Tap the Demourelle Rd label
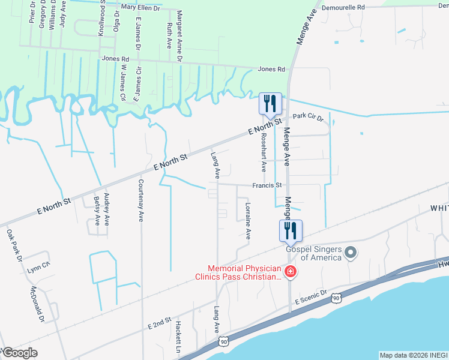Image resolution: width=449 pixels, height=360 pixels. [345, 7]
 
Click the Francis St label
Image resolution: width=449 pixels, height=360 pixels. [267, 186]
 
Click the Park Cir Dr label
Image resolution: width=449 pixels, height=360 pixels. [308, 118]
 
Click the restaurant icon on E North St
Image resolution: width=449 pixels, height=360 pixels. [270, 103]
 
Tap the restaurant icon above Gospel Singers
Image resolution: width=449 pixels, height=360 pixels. [291, 230]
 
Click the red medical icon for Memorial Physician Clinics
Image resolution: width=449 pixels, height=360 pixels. [291, 272]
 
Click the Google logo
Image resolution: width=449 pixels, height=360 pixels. [19, 353]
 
